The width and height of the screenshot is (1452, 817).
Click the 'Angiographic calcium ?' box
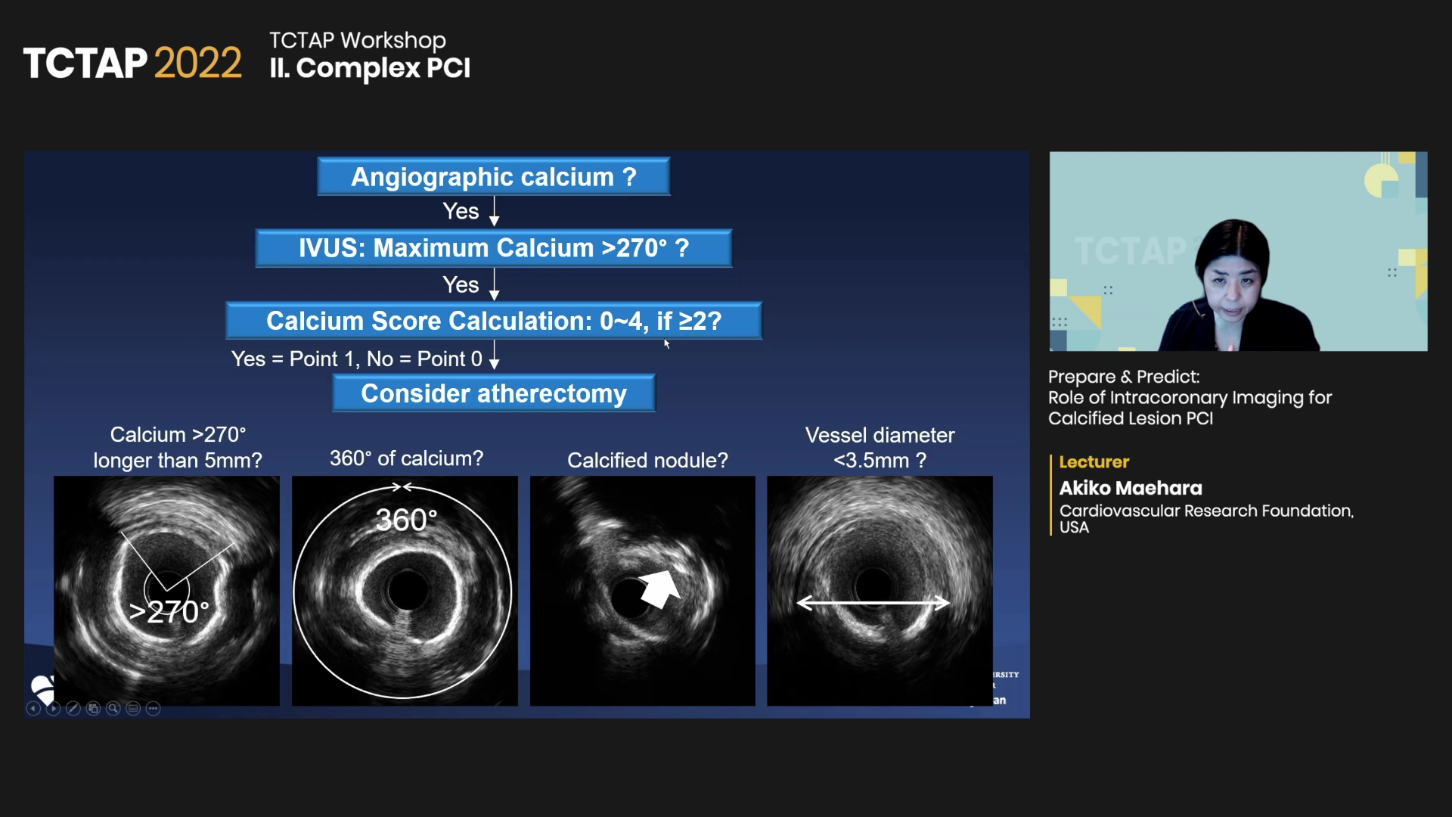494,176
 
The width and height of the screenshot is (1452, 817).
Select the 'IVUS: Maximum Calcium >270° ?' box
494,248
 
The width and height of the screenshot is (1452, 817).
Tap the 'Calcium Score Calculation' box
494,321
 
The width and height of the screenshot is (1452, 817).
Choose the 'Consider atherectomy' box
494,393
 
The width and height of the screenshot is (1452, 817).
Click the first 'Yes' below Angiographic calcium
461,211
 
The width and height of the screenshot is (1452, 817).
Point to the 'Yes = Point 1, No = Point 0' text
357,359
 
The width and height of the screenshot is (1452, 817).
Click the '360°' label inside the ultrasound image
406,520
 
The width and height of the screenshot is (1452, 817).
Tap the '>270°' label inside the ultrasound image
169,612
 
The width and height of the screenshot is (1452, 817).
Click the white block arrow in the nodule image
659,589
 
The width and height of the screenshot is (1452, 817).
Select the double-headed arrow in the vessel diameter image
873,603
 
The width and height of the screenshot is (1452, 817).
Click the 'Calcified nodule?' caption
647,460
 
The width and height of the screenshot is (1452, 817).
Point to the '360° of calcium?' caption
406,458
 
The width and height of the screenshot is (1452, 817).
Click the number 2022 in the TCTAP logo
198,63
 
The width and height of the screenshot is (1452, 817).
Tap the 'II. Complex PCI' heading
370,68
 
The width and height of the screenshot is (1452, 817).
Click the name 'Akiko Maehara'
1131,488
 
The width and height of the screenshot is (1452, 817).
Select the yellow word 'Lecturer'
1094,461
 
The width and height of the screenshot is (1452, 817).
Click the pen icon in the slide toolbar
73,709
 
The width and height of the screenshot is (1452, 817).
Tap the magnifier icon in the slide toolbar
113,709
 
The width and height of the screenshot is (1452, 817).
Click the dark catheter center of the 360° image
408,590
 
